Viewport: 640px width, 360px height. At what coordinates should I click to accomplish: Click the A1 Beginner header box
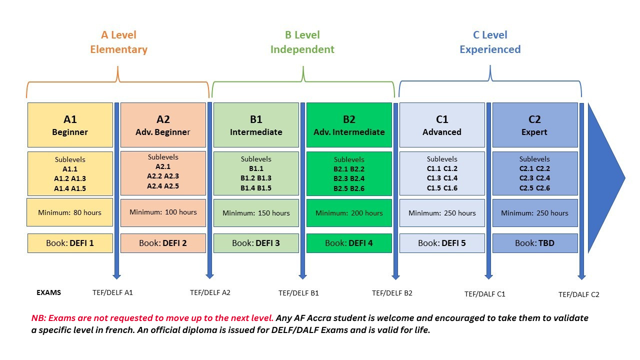pos(70,125)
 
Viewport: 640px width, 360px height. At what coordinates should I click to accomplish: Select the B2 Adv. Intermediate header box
pos(349,125)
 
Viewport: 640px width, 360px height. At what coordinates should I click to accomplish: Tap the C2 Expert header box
pos(535,125)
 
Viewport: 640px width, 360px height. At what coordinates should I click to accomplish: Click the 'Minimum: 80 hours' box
pos(69,212)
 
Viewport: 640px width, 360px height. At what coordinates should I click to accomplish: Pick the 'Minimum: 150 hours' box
pos(256,213)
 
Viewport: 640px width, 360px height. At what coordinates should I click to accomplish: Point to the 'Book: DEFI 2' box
pos(163,243)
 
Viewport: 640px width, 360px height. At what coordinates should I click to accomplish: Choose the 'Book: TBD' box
pos(535,243)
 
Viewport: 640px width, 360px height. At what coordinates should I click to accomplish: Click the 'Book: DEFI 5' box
pos(442,243)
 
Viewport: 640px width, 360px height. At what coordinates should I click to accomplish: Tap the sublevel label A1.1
pos(70,169)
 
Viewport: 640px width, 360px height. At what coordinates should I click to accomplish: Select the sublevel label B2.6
pos(357,188)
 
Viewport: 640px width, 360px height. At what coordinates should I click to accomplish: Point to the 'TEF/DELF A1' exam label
pos(112,292)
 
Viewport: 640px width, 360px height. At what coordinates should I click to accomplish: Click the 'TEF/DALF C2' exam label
pos(579,294)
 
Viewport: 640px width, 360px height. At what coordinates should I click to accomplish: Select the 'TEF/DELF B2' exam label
pos(392,293)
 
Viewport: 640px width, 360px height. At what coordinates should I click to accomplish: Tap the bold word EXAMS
pos(48,292)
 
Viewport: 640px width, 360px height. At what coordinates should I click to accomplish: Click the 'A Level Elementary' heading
pos(118,42)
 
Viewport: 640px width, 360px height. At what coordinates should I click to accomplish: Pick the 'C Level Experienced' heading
pos(490,42)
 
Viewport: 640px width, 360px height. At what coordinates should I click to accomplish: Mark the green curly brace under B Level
pos(303,81)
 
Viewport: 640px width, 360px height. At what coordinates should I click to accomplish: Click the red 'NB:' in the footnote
pos(38,318)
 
